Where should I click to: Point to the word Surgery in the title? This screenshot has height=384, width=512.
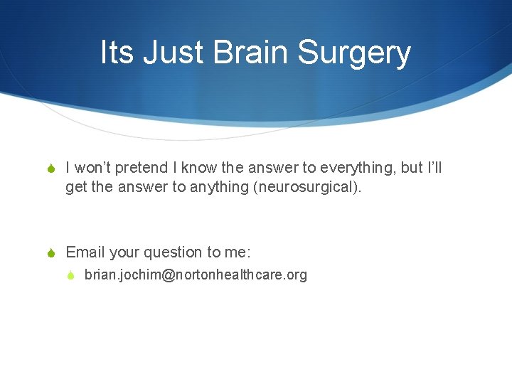coord(353,53)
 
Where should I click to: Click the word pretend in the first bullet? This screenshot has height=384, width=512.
coord(142,169)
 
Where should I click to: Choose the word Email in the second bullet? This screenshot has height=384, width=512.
coord(85,252)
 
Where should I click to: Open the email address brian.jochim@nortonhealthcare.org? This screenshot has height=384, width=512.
coord(196,274)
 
